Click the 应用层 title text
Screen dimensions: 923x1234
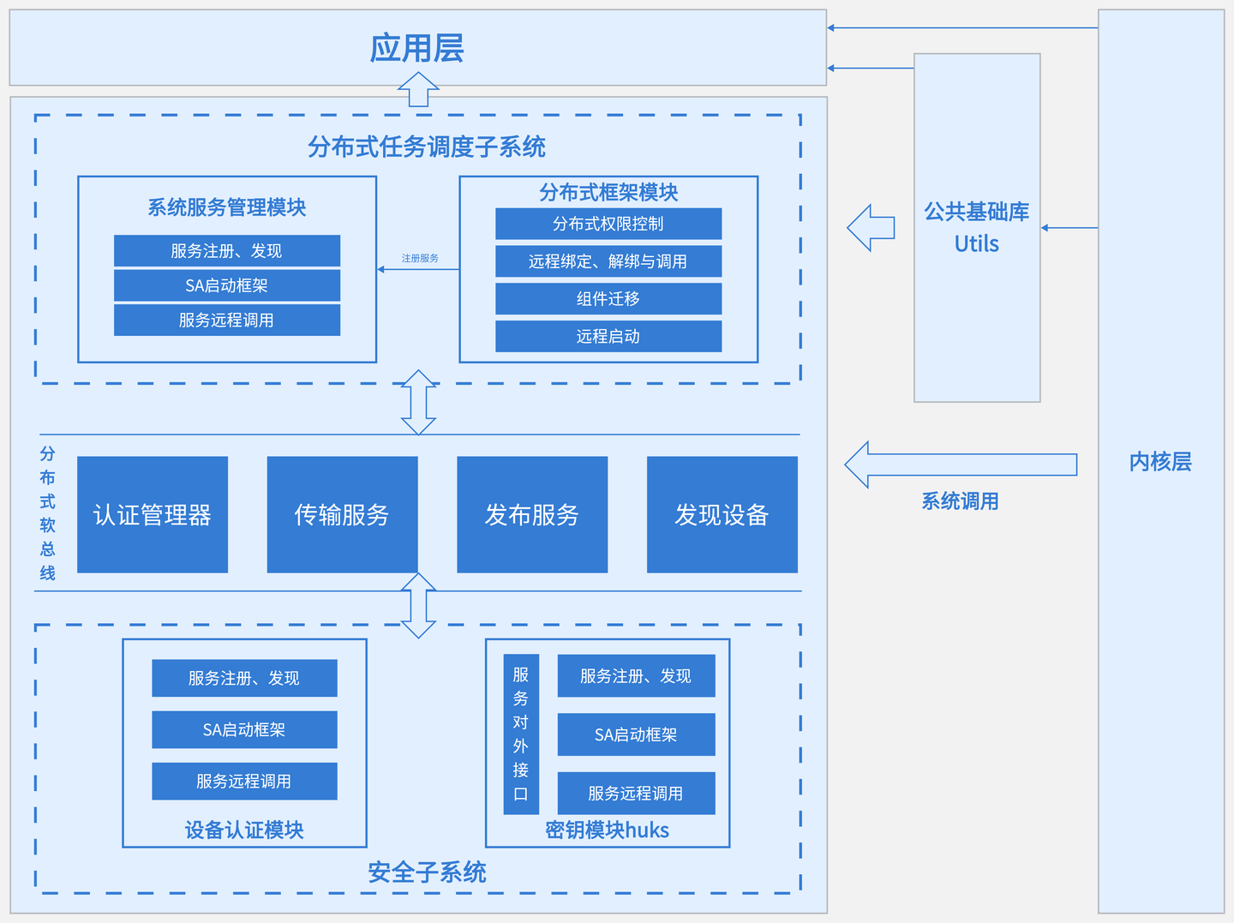[x=417, y=48]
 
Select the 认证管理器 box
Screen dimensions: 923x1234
[x=153, y=514]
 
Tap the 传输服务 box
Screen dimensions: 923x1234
[x=342, y=514]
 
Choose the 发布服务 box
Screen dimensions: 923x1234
[x=532, y=514]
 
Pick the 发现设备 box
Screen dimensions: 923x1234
[x=722, y=514]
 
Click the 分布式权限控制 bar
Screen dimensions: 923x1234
[x=608, y=224]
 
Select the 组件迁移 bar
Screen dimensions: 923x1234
[x=608, y=299]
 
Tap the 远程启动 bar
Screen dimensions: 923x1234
[x=608, y=336]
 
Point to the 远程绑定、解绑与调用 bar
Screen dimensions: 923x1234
[x=608, y=261]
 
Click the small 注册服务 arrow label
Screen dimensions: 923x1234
[x=420, y=258]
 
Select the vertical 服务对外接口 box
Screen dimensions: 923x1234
[x=521, y=734]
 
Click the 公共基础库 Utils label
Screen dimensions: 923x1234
[x=977, y=227]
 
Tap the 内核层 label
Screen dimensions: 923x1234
[x=1160, y=461]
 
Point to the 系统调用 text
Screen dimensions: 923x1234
[x=960, y=501]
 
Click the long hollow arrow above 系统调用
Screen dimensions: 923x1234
[x=960, y=464]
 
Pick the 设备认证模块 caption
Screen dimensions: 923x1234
[x=244, y=830]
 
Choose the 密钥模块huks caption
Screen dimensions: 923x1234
[x=607, y=830]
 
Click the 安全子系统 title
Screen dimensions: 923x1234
[x=427, y=872]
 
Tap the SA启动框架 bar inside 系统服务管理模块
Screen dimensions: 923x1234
[x=227, y=285]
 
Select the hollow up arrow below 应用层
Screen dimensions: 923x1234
[x=418, y=89]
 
